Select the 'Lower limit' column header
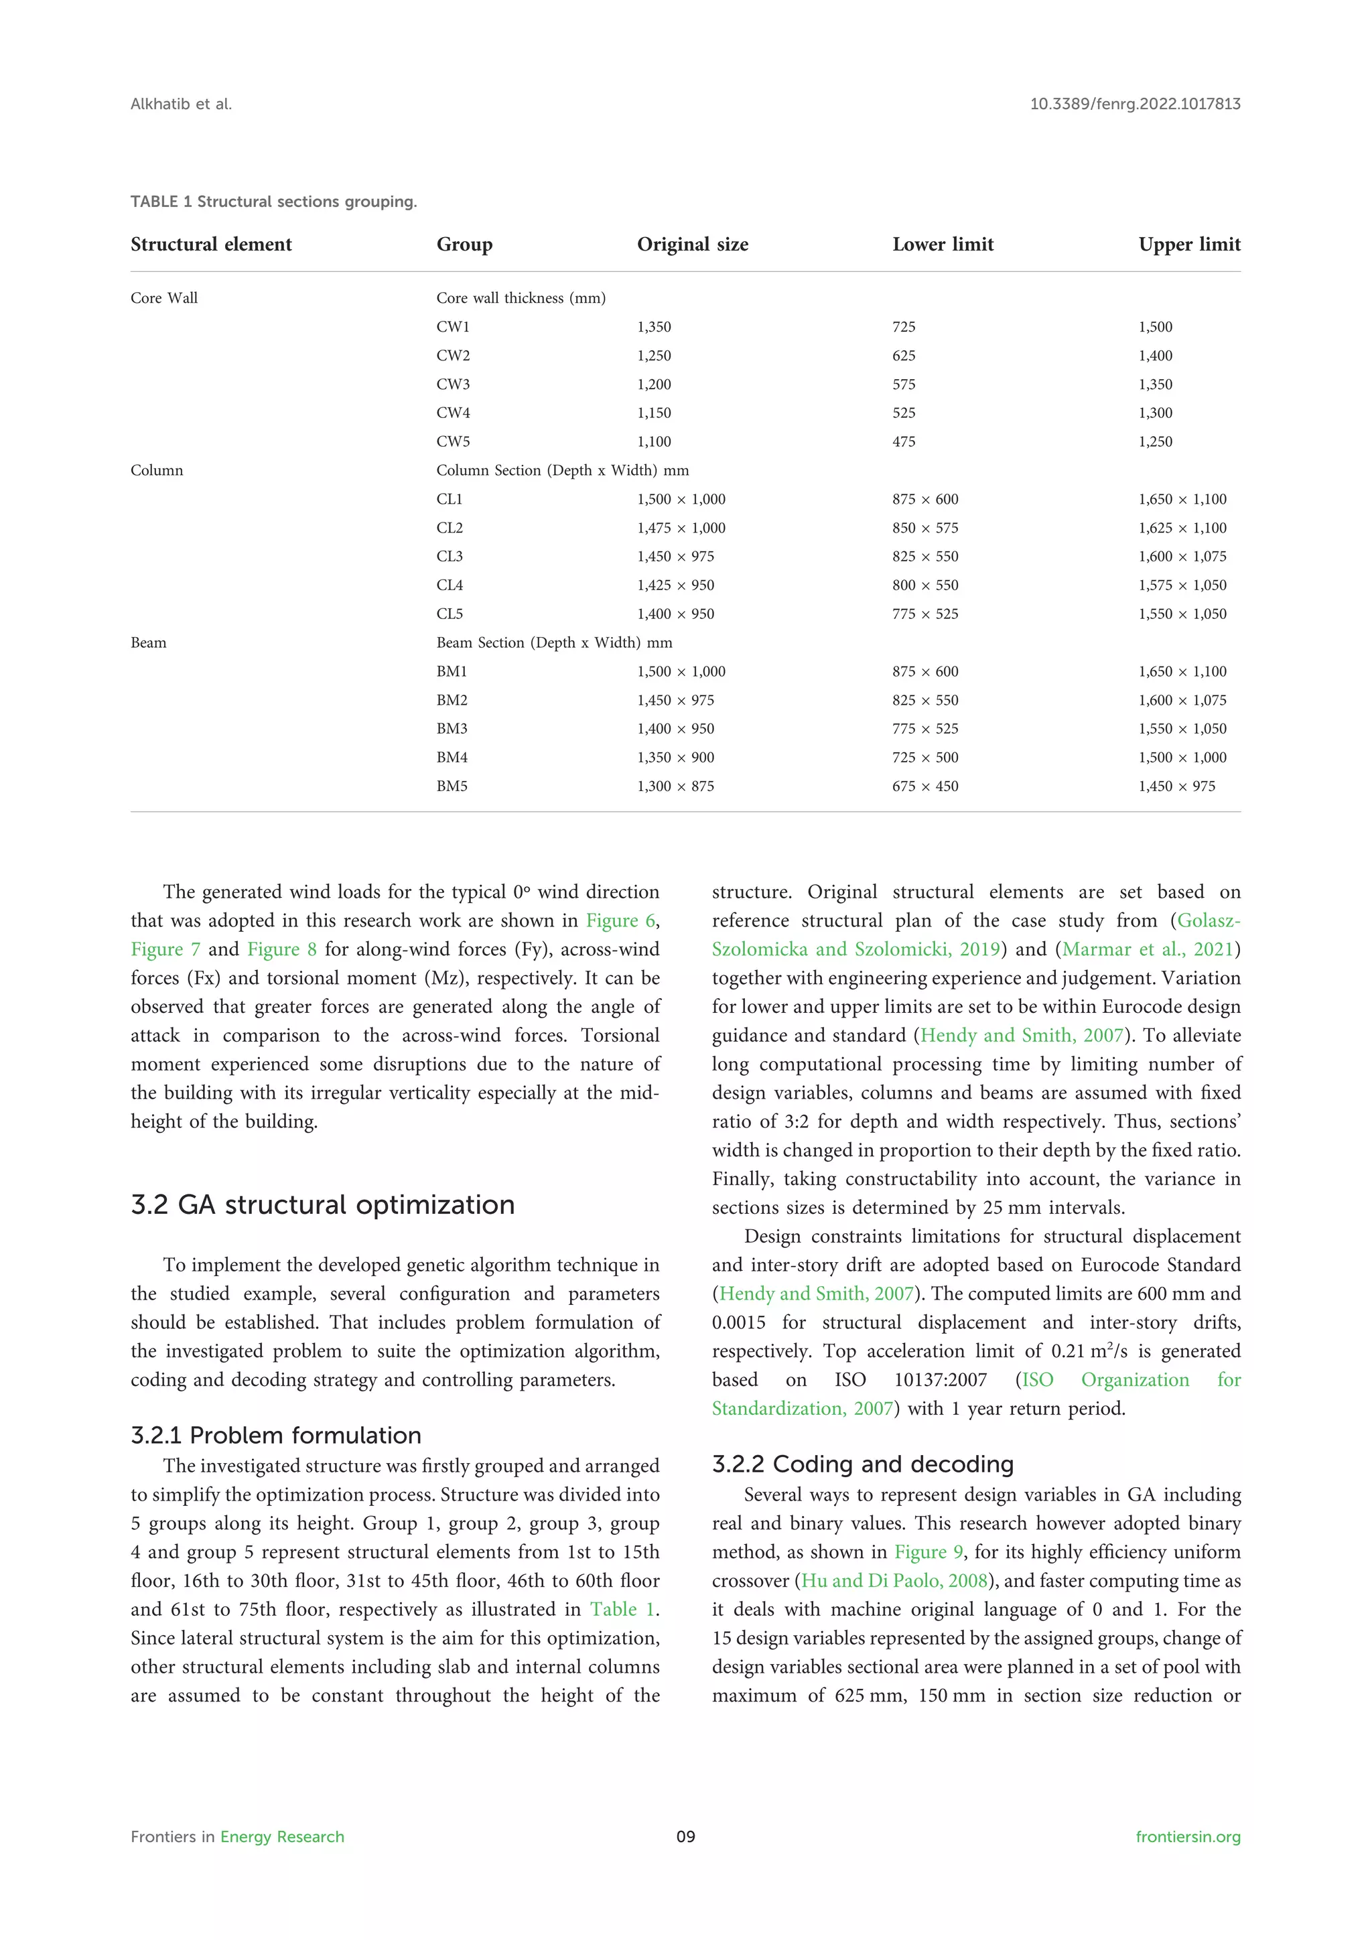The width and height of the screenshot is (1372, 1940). [942, 245]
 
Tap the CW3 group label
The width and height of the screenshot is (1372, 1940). [453, 385]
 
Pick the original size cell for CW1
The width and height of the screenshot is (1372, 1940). [654, 327]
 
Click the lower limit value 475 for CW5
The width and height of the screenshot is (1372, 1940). [903, 442]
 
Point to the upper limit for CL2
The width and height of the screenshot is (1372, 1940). [1182, 528]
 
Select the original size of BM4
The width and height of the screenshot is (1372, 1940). [675, 758]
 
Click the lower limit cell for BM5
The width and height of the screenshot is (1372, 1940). [924, 786]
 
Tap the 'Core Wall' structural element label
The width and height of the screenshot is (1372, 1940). [164, 298]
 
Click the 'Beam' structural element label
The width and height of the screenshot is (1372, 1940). [149, 643]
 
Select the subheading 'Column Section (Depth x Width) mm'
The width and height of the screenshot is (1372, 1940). [562, 471]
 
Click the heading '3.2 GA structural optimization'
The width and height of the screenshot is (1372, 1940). [323, 1205]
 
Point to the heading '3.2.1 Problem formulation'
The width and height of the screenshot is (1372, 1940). [275, 1436]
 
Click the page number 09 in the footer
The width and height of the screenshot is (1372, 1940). [685, 1836]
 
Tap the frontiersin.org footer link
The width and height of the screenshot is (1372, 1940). [1187, 1836]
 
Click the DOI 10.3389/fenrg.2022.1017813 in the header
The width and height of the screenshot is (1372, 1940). [1135, 104]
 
